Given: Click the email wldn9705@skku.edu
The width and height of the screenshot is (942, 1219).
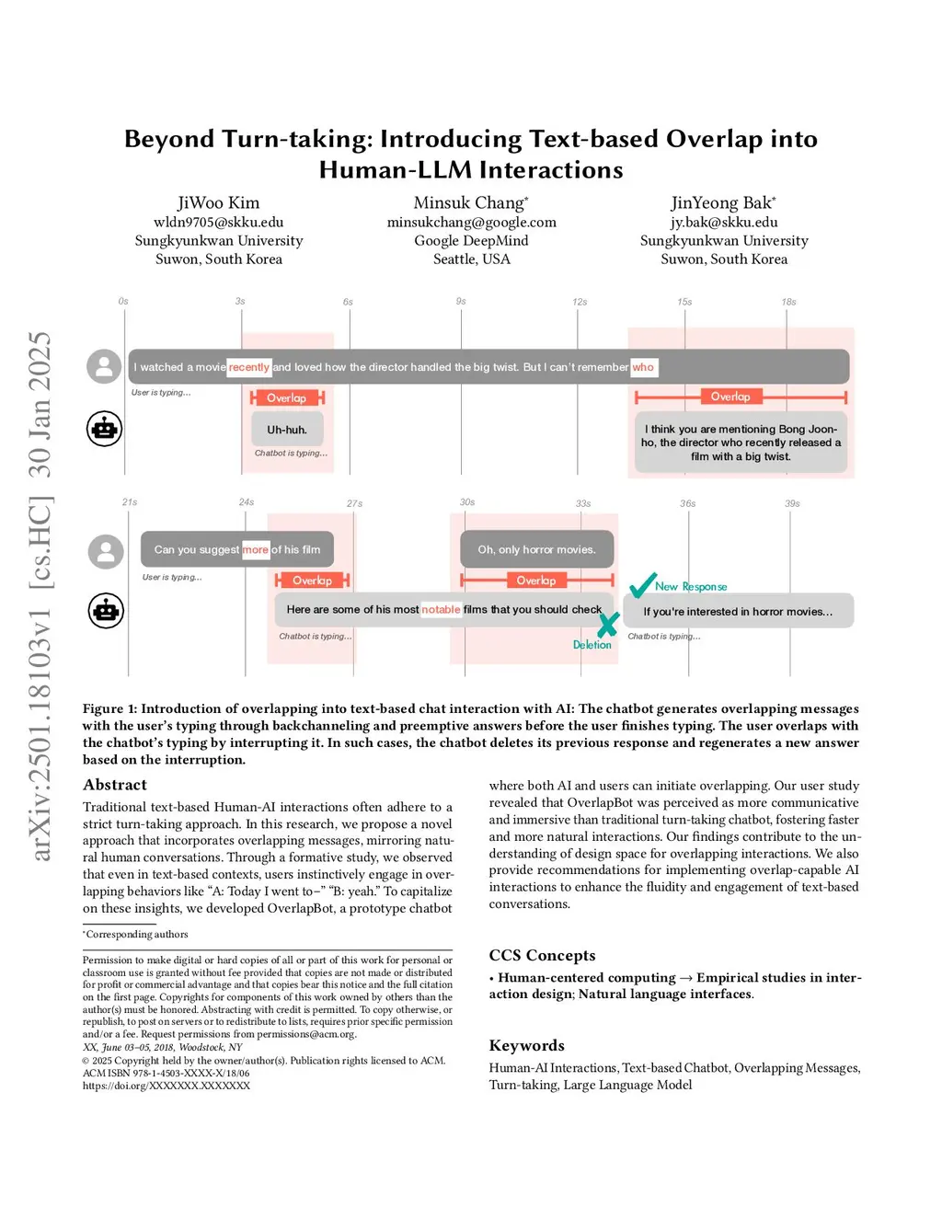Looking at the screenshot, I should pyautogui.click(x=218, y=222).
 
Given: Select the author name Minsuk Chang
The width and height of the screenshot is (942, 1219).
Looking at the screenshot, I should pyautogui.click(x=469, y=202).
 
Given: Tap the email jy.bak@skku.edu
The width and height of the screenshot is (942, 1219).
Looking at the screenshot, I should pyautogui.click(x=724, y=222).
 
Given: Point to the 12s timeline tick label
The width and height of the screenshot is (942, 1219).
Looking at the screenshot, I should pyautogui.click(x=580, y=302).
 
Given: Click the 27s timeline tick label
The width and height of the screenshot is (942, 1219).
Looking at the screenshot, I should pyautogui.click(x=354, y=503).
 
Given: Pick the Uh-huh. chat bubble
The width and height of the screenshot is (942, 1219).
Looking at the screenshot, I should pyautogui.click(x=287, y=430).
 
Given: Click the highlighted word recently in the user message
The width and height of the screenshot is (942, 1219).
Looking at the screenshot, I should pyautogui.click(x=249, y=367).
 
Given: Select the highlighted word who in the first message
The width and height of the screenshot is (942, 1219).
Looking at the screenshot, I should pyautogui.click(x=643, y=367).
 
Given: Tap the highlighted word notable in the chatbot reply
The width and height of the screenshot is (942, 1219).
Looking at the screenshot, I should pyautogui.click(x=441, y=609).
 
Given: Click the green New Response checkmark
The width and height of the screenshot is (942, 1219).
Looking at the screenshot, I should pyautogui.click(x=642, y=584).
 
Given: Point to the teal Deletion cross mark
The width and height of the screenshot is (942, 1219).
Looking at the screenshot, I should pyautogui.click(x=608, y=625).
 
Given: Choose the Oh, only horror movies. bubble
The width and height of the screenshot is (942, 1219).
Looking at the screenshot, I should pyautogui.click(x=536, y=549).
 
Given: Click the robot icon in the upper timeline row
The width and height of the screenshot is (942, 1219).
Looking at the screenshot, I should pyautogui.click(x=105, y=429).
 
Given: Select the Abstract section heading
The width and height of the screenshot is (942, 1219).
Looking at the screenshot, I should pyautogui.click(x=115, y=785).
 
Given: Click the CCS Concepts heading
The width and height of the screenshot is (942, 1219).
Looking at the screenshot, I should pyautogui.click(x=542, y=955).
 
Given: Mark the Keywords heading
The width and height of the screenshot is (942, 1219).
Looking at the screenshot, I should pyautogui.click(x=526, y=1045).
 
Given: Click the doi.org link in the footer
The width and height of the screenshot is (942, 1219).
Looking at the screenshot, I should pyautogui.click(x=167, y=1086).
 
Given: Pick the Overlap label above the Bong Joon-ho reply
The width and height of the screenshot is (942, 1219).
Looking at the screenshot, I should pyautogui.click(x=730, y=397).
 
